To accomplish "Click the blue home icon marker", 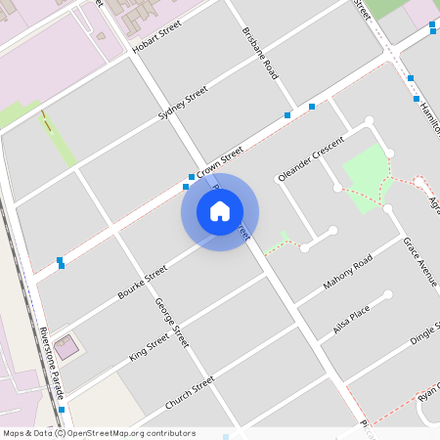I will [x=220, y=211].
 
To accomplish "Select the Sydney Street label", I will [x=184, y=104].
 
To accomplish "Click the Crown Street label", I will [x=220, y=162].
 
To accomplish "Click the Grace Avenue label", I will [x=421, y=258].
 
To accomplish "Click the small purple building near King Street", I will [x=66, y=346].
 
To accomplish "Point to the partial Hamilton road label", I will [x=427, y=116].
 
